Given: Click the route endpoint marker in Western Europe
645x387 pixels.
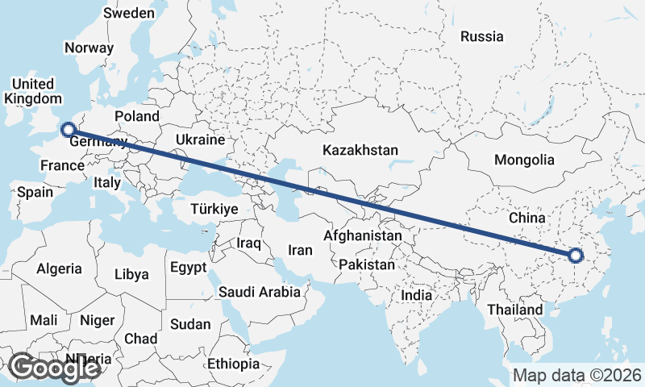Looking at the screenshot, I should [69, 128].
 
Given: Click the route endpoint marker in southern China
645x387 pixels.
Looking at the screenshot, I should [575, 256].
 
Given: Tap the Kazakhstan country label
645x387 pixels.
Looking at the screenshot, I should [360, 150].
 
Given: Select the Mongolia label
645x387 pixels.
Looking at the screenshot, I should [524, 160].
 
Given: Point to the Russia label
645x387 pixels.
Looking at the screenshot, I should [481, 36].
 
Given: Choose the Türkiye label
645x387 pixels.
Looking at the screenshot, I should [214, 209].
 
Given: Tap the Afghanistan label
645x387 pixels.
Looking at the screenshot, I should [362, 236].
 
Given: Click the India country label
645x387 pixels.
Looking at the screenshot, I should [417, 295].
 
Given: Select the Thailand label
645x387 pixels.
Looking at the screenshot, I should [515, 310].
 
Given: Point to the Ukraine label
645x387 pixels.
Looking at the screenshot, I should [199, 139].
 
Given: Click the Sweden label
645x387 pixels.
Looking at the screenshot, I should [129, 13].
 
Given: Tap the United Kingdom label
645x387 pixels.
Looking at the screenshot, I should [33, 91].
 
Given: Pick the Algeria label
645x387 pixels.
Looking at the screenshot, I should [60, 268].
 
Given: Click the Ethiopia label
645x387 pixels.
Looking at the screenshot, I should [234, 364].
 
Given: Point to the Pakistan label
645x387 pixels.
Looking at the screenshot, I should [367, 264].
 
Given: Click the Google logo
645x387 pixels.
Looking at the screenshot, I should [54, 368].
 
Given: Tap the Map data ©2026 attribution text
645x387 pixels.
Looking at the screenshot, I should [576, 375].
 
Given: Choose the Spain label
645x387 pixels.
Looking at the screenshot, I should [35, 192].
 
